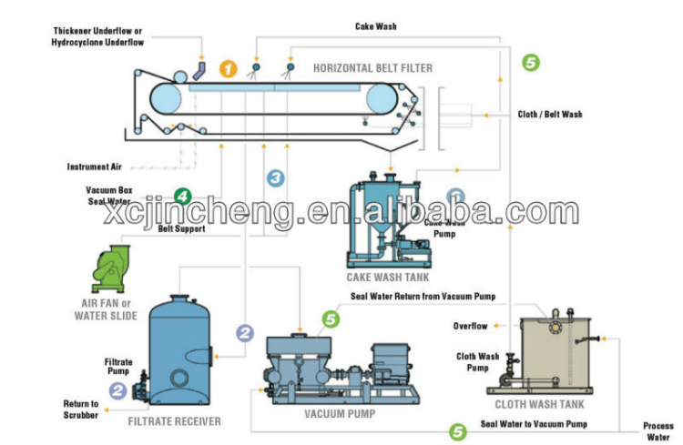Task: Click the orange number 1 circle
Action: tap(228, 69)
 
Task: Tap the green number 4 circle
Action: tap(183, 196)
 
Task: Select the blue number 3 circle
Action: tap(276, 177)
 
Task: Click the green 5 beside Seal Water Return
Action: tap(331, 319)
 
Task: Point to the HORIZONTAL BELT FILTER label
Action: tap(372, 68)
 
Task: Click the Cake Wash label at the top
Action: tap(375, 26)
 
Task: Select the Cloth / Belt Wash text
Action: tap(549, 115)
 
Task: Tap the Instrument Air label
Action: tap(95, 167)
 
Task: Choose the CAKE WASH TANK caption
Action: tap(387, 277)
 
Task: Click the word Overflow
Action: tap(471, 326)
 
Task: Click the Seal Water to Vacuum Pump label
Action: tap(534, 424)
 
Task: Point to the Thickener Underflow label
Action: tap(98, 36)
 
